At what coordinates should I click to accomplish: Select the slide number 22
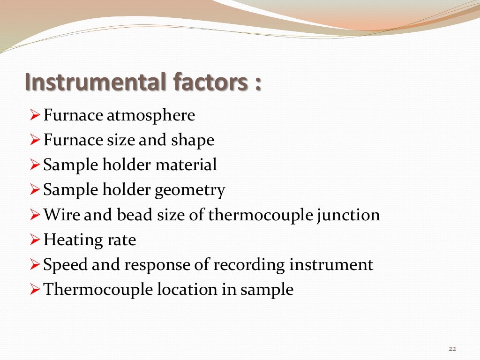point(452,348)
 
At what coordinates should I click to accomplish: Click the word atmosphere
point(150,115)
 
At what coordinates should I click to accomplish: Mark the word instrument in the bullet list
point(331,265)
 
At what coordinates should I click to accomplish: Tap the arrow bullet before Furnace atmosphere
point(35,115)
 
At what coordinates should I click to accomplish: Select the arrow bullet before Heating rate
point(35,240)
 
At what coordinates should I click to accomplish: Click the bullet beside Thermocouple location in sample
point(35,290)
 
